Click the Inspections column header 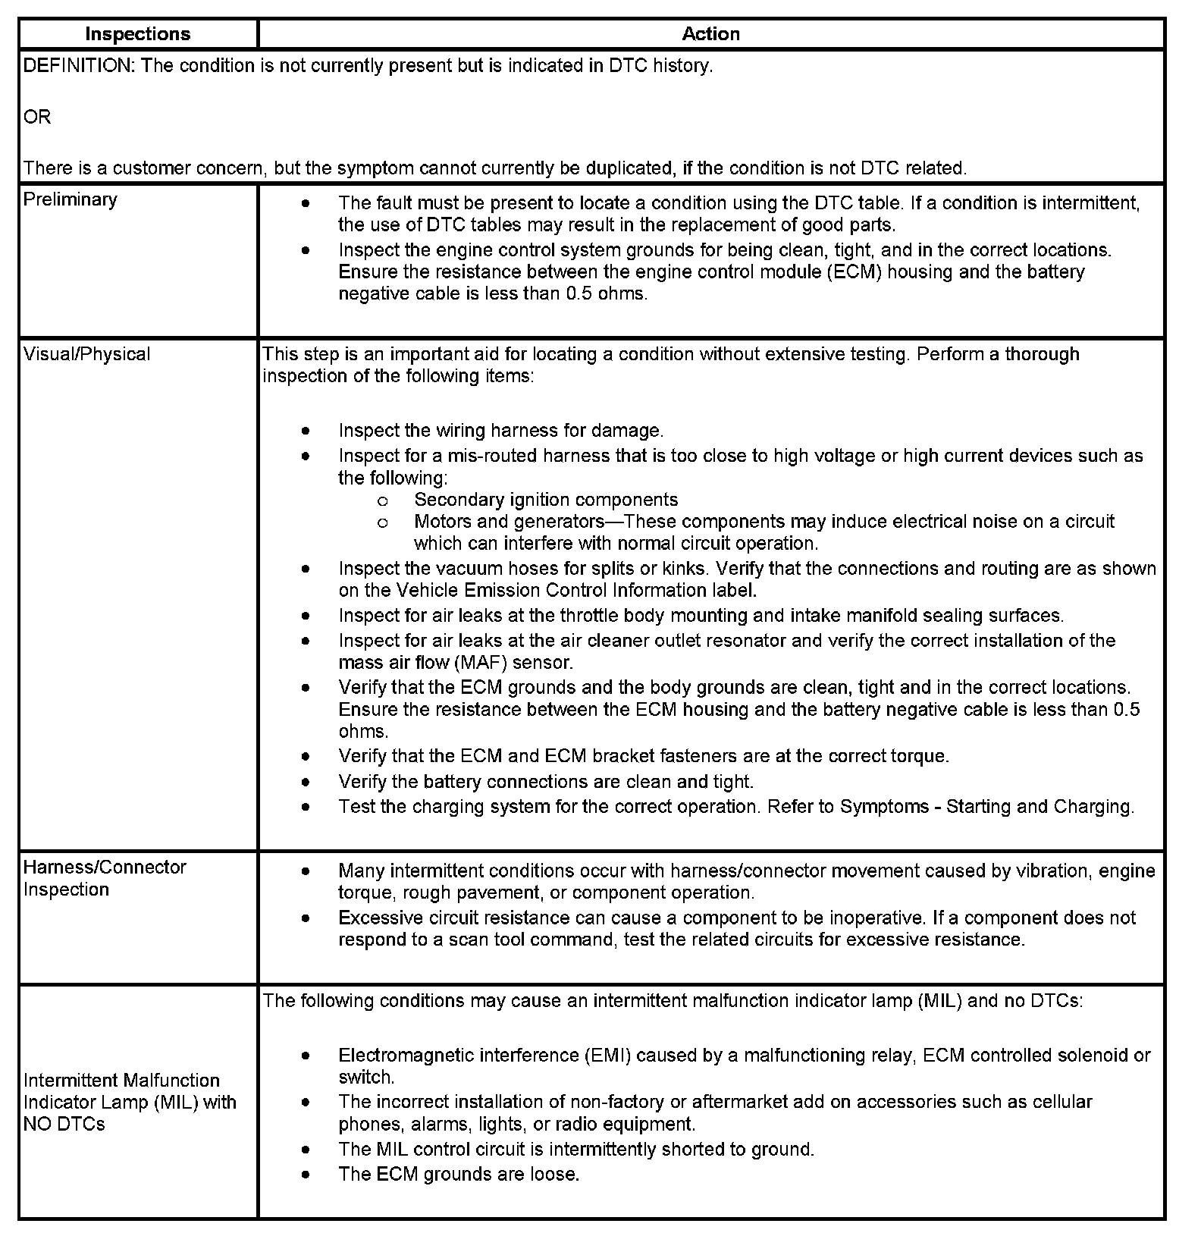(x=138, y=34)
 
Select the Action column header (x=710, y=34)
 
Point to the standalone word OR (x=37, y=118)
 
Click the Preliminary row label (x=71, y=199)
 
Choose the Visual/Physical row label (x=87, y=354)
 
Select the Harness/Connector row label (x=105, y=867)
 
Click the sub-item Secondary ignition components (x=546, y=500)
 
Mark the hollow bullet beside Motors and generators (x=383, y=522)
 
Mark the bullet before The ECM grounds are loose (x=305, y=1175)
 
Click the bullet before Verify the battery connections (x=305, y=782)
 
